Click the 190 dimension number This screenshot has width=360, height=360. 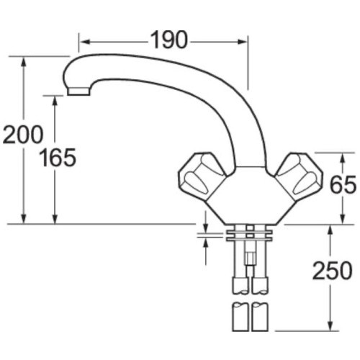pyautogui.click(x=169, y=41)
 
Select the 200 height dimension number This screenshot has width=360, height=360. pyautogui.click(x=22, y=134)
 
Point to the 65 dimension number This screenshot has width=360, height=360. pyautogui.click(x=343, y=186)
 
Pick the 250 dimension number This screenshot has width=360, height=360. pyautogui.click(x=332, y=271)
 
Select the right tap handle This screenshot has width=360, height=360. pyautogui.click(x=296, y=173)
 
